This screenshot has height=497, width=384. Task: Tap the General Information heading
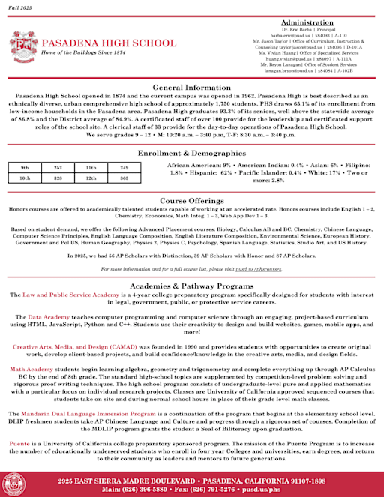tap(192, 88)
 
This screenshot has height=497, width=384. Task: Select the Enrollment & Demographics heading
tap(192, 153)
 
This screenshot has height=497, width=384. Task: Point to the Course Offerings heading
tap(192, 202)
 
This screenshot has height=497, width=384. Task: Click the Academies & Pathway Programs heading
tap(192, 286)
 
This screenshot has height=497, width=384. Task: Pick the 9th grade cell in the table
tap(25, 167)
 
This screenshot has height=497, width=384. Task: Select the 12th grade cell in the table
tap(91, 178)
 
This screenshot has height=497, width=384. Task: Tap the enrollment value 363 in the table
tap(124, 178)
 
